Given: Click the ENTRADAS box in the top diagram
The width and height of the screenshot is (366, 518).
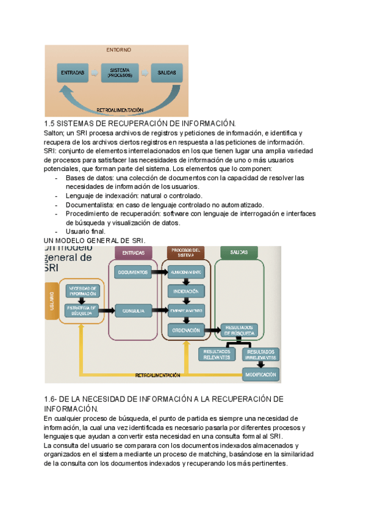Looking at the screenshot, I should coord(73,73).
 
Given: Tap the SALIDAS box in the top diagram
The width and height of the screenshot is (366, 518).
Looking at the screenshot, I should coord(167,73).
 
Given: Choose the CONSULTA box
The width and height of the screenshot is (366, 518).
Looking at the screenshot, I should coord(134,311).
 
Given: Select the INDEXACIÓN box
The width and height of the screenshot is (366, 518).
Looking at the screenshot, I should coord(185,291).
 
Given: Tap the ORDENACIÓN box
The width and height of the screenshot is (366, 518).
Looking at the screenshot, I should coord(185,330).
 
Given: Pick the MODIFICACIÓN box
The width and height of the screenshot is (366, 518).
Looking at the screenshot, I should coord(260,374).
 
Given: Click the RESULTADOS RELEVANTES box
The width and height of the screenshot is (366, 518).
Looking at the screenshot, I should coord(217,354).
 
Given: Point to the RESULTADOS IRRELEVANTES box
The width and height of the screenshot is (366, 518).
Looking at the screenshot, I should coord(260,354).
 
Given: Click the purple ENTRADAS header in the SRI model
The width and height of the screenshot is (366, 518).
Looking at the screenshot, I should coord(134,252).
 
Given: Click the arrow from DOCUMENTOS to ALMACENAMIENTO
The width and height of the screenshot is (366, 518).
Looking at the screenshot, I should coord(158,271).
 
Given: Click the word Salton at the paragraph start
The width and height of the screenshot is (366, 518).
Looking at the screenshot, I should coord(56,133).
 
